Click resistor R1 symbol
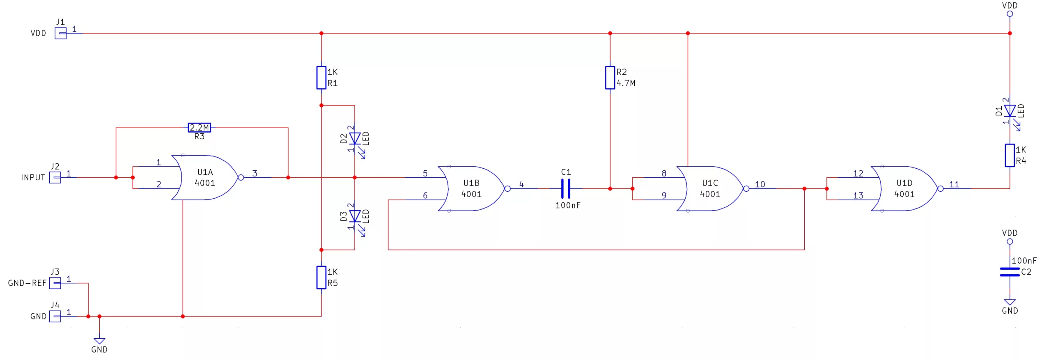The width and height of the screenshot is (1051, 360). pyautogui.click(x=321, y=78)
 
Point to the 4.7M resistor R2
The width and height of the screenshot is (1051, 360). pyautogui.click(x=610, y=78)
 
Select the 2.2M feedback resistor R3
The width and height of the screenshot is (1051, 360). pyautogui.click(x=199, y=128)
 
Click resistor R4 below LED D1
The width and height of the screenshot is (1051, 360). pyautogui.click(x=1010, y=155)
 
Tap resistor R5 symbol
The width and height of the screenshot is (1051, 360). pyautogui.click(x=321, y=277)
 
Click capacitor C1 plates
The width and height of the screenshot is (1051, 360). pyautogui.click(x=566, y=188)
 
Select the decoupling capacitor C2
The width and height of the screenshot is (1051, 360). pyautogui.click(x=1010, y=272)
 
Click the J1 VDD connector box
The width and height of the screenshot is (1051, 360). pyautogui.click(x=61, y=33)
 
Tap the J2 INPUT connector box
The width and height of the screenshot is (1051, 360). pyautogui.click(x=55, y=177)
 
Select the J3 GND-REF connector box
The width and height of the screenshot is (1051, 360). pyautogui.click(x=55, y=283)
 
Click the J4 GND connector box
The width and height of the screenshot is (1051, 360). pyautogui.click(x=55, y=316)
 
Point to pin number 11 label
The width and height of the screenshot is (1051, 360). pyautogui.click(x=954, y=184)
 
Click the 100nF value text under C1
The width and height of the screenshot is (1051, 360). pyautogui.click(x=568, y=205)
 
